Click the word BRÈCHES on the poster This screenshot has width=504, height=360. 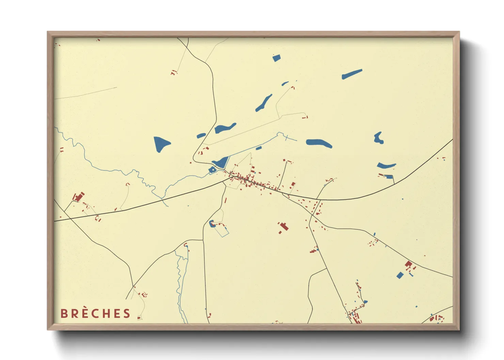[95, 313]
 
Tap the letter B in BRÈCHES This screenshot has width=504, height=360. [64, 313]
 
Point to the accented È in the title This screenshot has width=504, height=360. [85, 313]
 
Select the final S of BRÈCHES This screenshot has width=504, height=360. [127, 313]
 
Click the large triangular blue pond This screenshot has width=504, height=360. [161, 144]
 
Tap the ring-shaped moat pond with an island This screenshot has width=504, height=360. [212, 170]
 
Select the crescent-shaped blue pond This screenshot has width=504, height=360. [386, 166]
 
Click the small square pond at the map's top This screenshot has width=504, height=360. [276, 58]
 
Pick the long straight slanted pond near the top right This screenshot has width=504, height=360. [352, 74]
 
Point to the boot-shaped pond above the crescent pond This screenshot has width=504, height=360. [378, 138]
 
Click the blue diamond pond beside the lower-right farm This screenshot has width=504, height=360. [400, 275]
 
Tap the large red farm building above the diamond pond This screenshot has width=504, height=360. [408, 264]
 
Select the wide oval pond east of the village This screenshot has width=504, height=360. [319, 143]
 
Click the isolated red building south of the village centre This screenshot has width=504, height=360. [283, 226]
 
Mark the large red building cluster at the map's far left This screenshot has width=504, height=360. [79, 197]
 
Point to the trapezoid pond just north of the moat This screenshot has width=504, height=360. [221, 162]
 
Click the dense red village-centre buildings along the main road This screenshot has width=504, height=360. [249, 180]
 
